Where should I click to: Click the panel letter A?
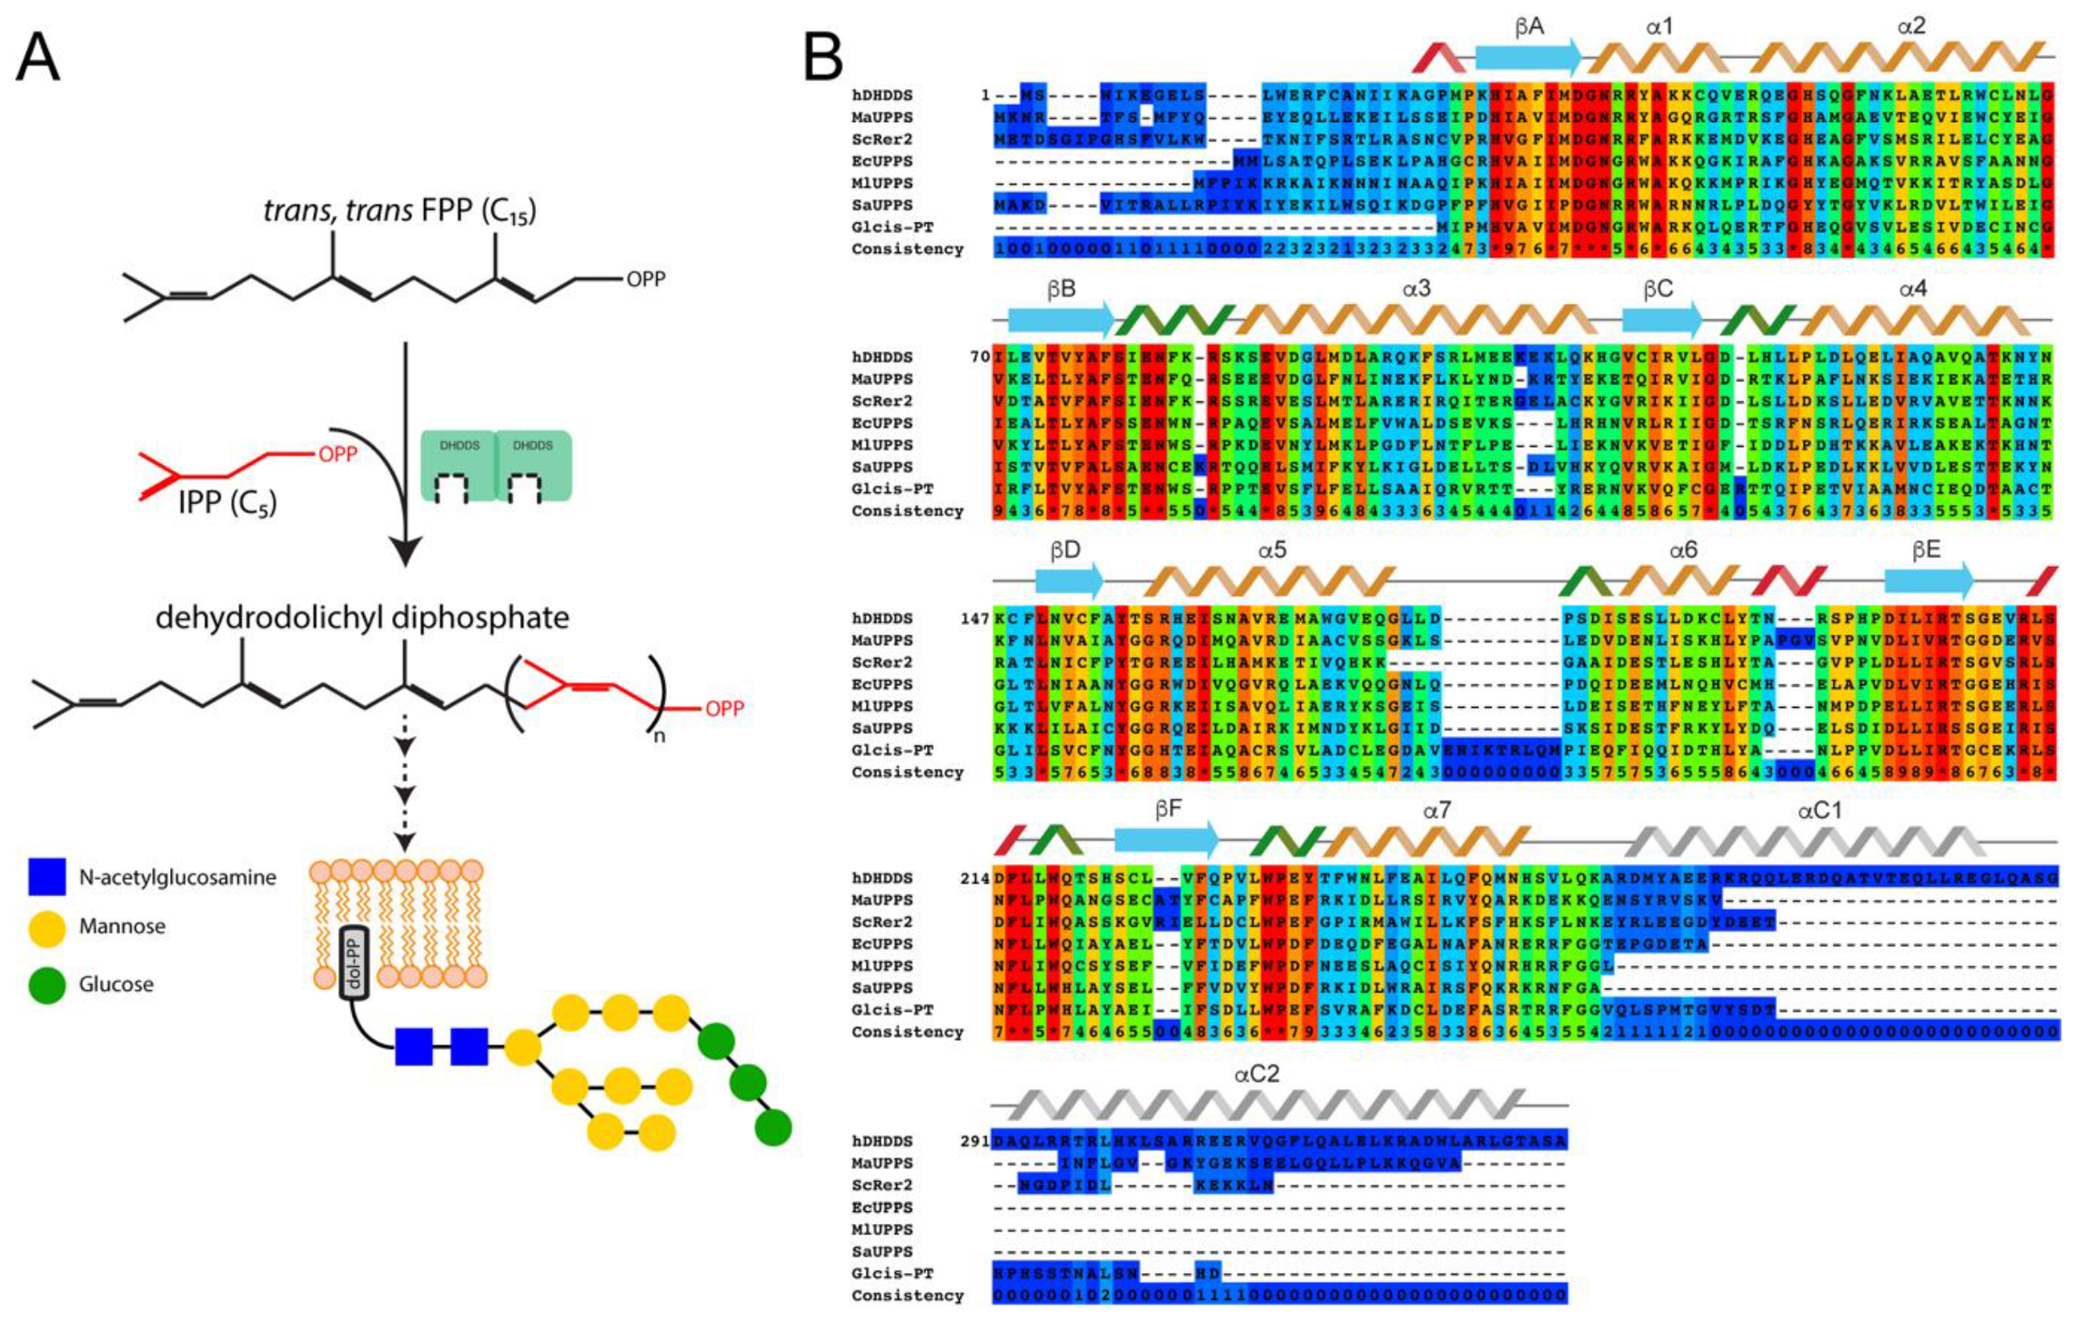(38, 57)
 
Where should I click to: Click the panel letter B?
(822, 57)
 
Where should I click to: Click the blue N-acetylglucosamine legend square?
(46, 876)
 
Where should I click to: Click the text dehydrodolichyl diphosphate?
(362, 618)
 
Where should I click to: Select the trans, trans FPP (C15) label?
(399, 211)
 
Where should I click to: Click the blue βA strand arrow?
(1527, 57)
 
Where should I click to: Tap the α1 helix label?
(1659, 27)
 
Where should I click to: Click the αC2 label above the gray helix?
(1256, 1075)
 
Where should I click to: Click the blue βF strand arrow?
(1165, 840)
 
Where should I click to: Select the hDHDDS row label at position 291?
(882, 1141)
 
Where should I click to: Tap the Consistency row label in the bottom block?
(906, 1295)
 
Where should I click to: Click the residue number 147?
(974, 619)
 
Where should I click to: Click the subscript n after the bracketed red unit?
(659, 736)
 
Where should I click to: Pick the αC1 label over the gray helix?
(1819, 811)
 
